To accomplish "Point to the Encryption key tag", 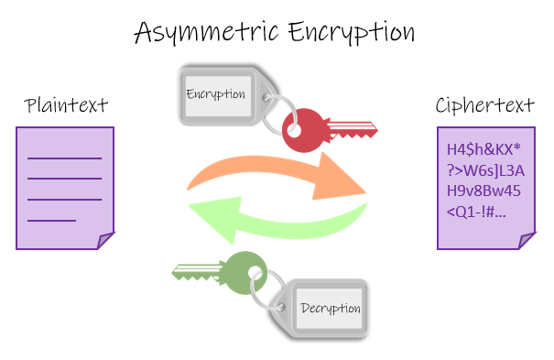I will pyautogui.click(x=216, y=94).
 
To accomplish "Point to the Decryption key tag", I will pyautogui.click(x=331, y=307).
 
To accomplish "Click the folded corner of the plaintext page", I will pyautogui.click(x=105, y=241).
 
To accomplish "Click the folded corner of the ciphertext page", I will pyautogui.click(x=527, y=241).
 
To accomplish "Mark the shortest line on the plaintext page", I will pyautogui.click(x=51, y=221).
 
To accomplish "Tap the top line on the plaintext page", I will pyautogui.click(x=64, y=158).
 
